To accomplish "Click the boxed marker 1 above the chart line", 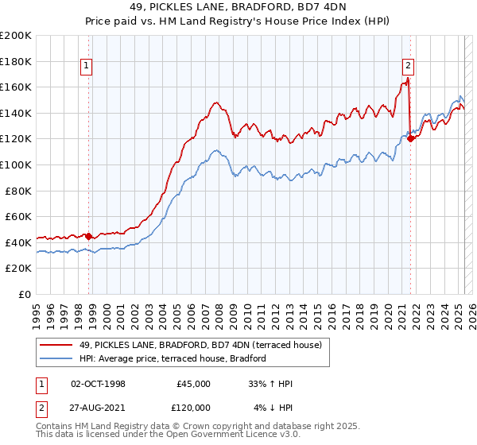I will click(x=85, y=67).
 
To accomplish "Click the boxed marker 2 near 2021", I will click(x=408, y=67).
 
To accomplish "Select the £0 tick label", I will click(x=24, y=294).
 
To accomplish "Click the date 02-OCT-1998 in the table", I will click(x=98, y=384).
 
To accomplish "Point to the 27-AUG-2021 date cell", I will click(x=98, y=407).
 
